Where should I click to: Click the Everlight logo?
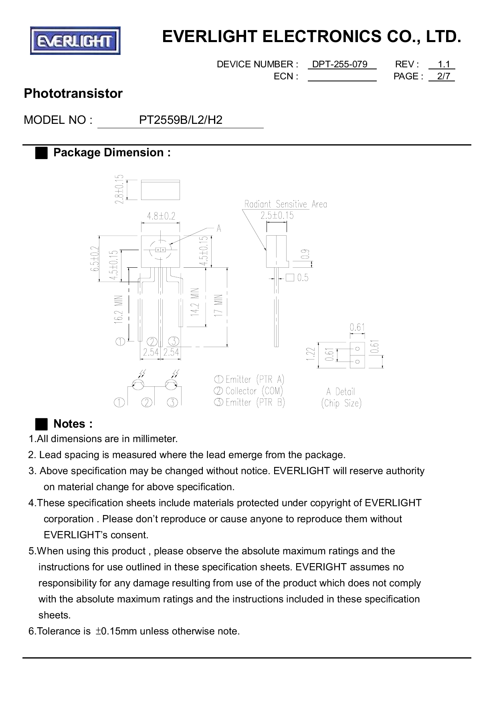(75, 41)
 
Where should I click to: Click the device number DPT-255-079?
(339, 65)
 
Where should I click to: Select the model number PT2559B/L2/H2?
(180, 120)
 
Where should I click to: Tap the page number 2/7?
(444, 76)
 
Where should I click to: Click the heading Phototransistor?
(73, 93)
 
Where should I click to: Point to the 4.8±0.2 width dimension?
(161, 216)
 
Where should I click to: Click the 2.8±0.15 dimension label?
(119, 189)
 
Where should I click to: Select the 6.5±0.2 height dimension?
(95, 259)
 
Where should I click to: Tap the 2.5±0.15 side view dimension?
(277, 216)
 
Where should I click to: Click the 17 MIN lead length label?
(218, 306)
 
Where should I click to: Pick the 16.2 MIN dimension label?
(118, 309)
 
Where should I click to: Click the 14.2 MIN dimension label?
(195, 302)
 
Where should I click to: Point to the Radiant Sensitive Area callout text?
(286, 204)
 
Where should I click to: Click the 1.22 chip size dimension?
(309, 354)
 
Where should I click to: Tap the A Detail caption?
(341, 392)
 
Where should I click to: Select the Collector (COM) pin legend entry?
(249, 391)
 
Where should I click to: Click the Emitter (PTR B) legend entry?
(250, 402)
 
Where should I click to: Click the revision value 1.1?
(444, 65)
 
